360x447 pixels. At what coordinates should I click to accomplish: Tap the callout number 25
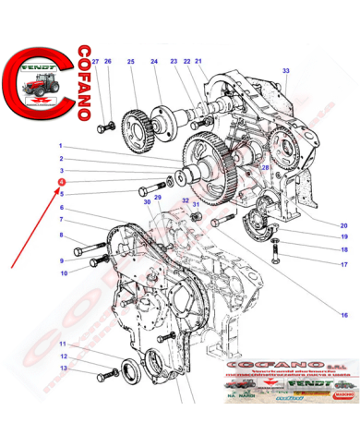[x=131, y=62]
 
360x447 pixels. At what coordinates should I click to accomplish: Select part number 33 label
[x=285, y=71]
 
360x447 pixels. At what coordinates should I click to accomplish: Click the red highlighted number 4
[x=61, y=183]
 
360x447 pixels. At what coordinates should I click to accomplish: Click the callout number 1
[x=61, y=146]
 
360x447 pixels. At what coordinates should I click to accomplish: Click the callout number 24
[x=154, y=62]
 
